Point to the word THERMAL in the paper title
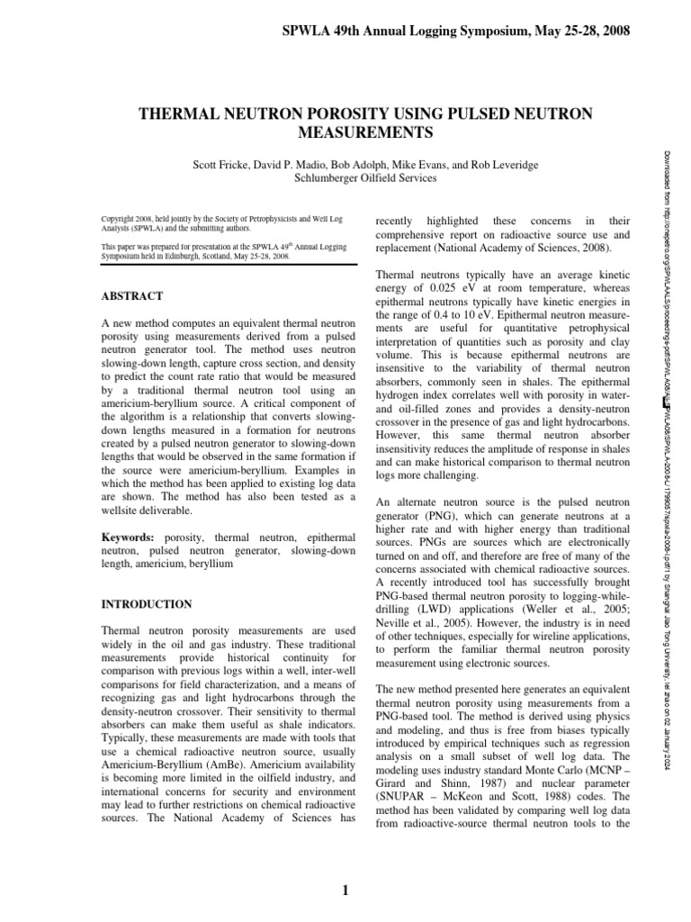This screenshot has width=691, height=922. [x=176, y=114]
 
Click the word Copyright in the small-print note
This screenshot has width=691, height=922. [x=121, y=219]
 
